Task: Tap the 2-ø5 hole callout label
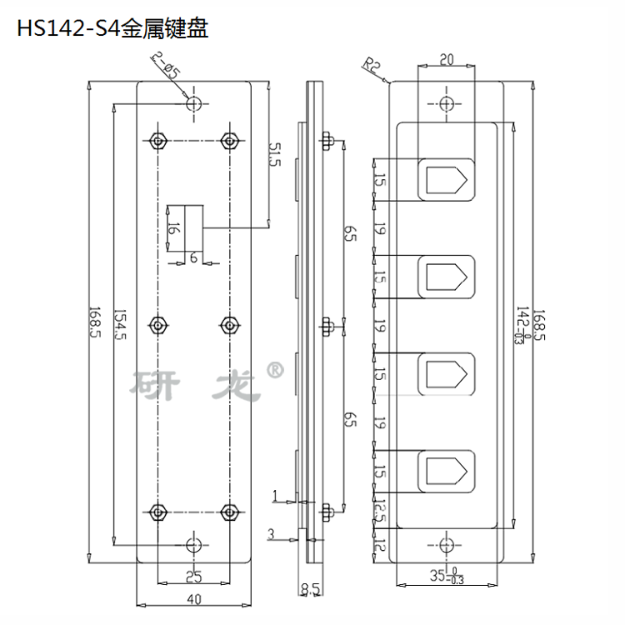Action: tap(166, 65)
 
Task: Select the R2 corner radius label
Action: tap(371, 65)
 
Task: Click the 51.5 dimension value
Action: tap(275, 154)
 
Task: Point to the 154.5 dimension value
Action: tap(119, 324)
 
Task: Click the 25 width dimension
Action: tap(194, 577)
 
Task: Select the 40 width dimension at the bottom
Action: tap(194, 599)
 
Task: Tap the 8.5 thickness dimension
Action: tap(311, 588)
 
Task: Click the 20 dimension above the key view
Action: tap(447, 59)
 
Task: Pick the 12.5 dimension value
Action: tap(380, 511)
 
